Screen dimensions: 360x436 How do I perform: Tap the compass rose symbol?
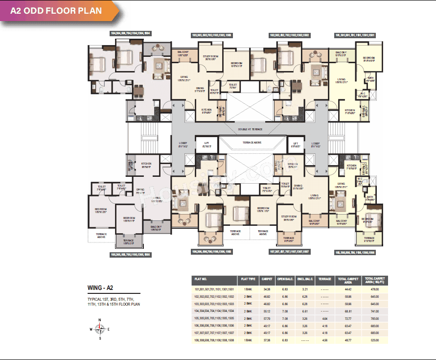tap(100, 329)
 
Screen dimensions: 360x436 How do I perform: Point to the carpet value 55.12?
tap(267, 311)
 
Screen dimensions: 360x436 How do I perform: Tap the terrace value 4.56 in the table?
tap(325, 339)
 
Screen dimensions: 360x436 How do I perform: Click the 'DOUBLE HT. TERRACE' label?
tap(250, 129)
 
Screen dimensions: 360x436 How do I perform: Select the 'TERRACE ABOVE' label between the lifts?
tap(252, 142)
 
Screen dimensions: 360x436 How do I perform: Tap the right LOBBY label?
tap(316, 144)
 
